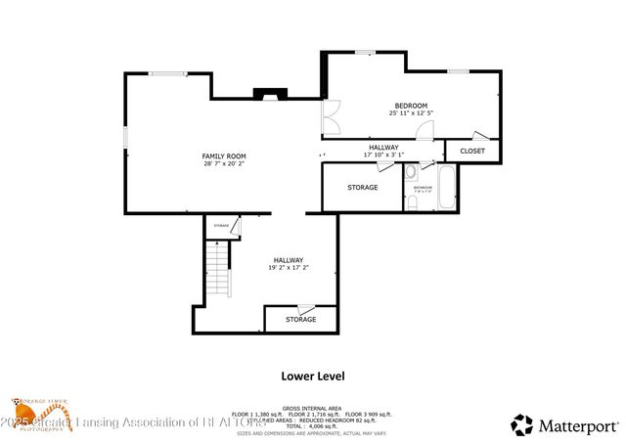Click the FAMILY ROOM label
pos(224,156)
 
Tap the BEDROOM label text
pos(411,106)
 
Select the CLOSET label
pos(472,152)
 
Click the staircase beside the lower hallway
pos(217,271)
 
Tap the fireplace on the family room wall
pos(268,95)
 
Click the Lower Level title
pos(312,375)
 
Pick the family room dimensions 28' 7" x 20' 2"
pos(224,164)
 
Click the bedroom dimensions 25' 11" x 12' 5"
pos(411,113)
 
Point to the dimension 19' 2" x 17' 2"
pos(289,267)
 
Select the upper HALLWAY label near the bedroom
pos(383,147)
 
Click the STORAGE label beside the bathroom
pos(363,187)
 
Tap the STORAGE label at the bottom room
pos(300,320)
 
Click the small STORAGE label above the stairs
pos(222,226)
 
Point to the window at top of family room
pos(168,72)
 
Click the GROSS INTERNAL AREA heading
pos(312,407)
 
